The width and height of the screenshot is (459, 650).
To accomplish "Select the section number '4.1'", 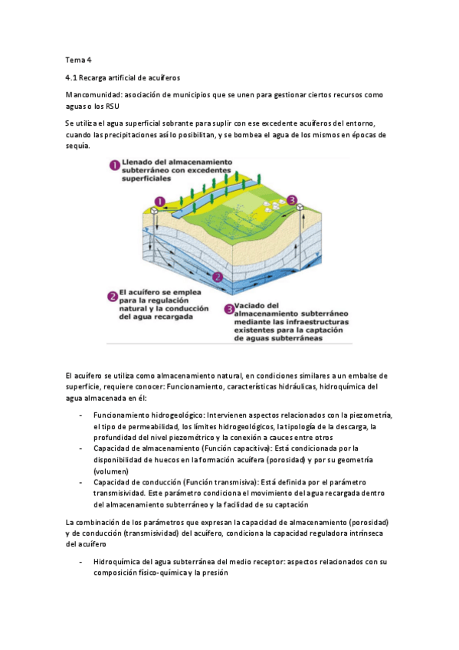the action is pyautogui.click(x=74, y=77).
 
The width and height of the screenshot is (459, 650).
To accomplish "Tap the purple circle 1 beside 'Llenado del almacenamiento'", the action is pyautogui.click(x=113, y=165).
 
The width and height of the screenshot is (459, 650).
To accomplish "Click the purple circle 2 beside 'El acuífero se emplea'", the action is pyautogui.click(x=112, y=294).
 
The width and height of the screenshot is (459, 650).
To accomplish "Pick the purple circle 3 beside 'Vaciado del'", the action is pyautogui.click(x=229, y=309).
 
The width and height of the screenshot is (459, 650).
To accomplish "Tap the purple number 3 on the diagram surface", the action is pyautogui.click(x=291, y=200).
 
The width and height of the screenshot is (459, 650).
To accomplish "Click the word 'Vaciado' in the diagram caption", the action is pyautogui.click(x=254, y=304).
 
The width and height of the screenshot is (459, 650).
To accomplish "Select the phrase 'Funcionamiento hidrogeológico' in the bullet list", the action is pyautogui.click(x=143, y=415).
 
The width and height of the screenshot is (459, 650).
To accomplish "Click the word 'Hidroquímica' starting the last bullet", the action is pyautogui.click(x=117, y=562).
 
